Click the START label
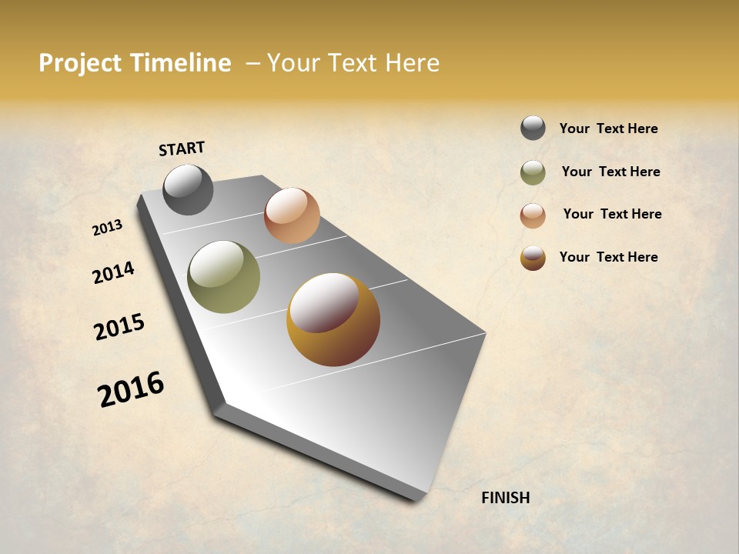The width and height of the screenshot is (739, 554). (182, 149)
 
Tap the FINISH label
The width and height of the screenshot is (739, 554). (505, 498)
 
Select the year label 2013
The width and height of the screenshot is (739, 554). (108, 227)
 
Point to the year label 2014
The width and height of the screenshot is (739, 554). (114, 272)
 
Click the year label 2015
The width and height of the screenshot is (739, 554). (119, 327)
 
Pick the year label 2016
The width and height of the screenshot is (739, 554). (131, 389)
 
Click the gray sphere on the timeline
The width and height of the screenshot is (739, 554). (188, 189)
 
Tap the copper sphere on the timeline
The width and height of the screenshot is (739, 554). (292, 215)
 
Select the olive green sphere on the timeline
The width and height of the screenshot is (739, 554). (223, 277)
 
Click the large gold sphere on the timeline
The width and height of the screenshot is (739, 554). (333, 319)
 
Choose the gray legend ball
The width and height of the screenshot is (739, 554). (533, 128)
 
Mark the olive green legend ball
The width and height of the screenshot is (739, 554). (533, 172)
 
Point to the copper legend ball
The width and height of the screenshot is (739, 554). (533, 215)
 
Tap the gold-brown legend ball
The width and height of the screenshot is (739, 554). (533, 258)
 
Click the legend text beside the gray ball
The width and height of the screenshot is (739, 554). (608, 128)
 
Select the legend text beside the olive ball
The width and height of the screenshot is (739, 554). (610, 172)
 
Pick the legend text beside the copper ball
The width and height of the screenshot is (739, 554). (612, 214)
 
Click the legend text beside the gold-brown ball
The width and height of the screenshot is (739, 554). (608, 257)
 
